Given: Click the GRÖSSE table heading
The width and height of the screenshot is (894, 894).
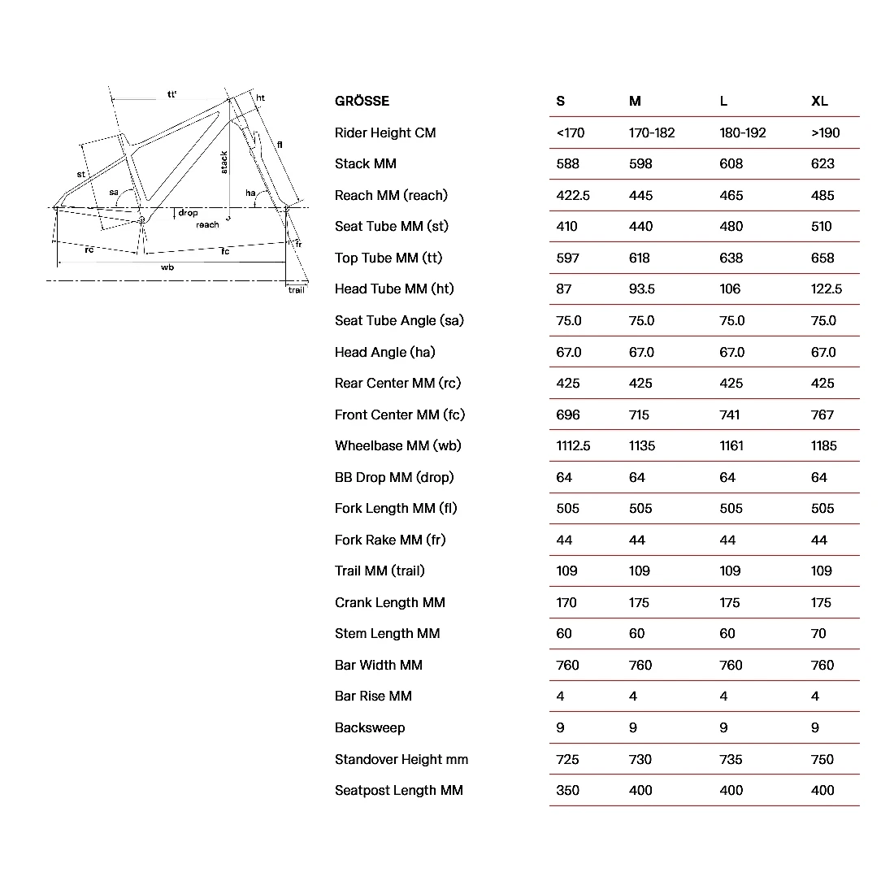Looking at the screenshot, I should point(362,101).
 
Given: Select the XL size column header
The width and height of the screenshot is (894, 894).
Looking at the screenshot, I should point(819,101).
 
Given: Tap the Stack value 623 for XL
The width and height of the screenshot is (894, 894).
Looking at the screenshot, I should point(822,163).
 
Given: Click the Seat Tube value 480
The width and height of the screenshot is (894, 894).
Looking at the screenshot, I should point(731,226).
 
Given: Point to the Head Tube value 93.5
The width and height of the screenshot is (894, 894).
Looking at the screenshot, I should point(641,289).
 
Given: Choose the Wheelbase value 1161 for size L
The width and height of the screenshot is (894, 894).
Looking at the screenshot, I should point(731,445).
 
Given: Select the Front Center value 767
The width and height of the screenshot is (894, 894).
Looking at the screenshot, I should point(822,414).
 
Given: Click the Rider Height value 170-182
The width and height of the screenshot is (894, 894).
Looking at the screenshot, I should point(652,132).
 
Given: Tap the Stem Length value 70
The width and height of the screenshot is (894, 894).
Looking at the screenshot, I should point(818,633).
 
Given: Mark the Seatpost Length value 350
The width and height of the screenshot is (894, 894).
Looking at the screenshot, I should point(567,790).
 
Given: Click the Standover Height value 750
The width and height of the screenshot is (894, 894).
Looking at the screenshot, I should point(822,759).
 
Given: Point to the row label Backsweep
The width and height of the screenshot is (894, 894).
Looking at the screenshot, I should point(370,727).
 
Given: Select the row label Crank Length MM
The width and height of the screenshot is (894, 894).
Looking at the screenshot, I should point(390,602).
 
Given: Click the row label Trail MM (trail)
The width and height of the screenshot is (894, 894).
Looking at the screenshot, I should point(380,571).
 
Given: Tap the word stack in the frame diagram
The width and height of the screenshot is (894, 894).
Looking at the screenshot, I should point(224,162).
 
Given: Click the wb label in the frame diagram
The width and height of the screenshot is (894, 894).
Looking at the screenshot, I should point(167,267).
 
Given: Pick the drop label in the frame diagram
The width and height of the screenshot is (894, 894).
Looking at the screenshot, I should point(188,213).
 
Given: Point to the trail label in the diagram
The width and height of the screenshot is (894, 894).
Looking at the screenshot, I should point(296,289).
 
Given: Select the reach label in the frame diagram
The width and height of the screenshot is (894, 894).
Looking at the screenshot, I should point(207,224).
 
